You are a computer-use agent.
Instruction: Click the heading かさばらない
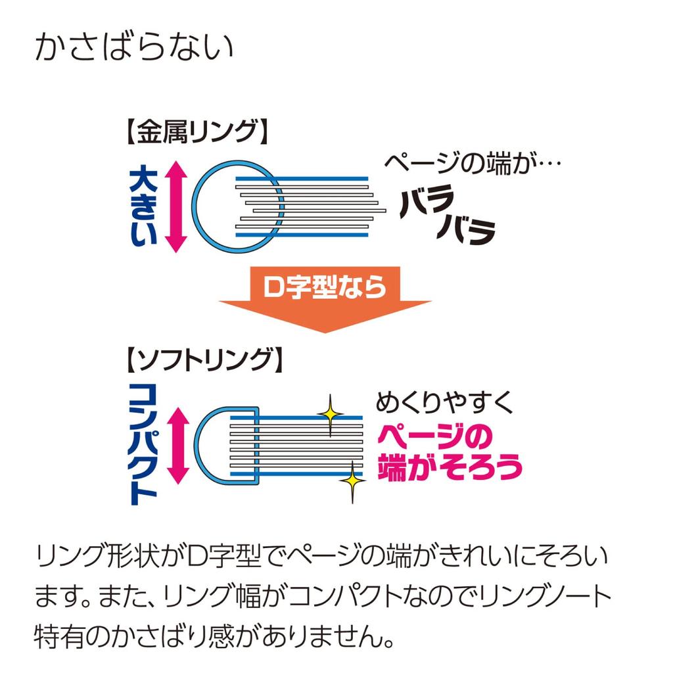134,47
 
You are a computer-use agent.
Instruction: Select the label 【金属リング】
197,131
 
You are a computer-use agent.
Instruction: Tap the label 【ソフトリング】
204,360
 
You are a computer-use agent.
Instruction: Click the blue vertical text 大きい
143,206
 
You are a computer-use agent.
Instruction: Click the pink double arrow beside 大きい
176,206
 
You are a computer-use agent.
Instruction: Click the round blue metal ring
193,206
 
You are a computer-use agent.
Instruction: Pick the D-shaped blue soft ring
196,446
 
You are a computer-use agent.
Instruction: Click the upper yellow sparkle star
330,415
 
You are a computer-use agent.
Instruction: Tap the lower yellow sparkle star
352,480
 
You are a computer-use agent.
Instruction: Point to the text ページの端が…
472,163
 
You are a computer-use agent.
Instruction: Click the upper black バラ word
427,201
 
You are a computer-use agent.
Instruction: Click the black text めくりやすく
444,402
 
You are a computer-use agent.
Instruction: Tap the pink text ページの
435,436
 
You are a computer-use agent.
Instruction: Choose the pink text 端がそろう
450,467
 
